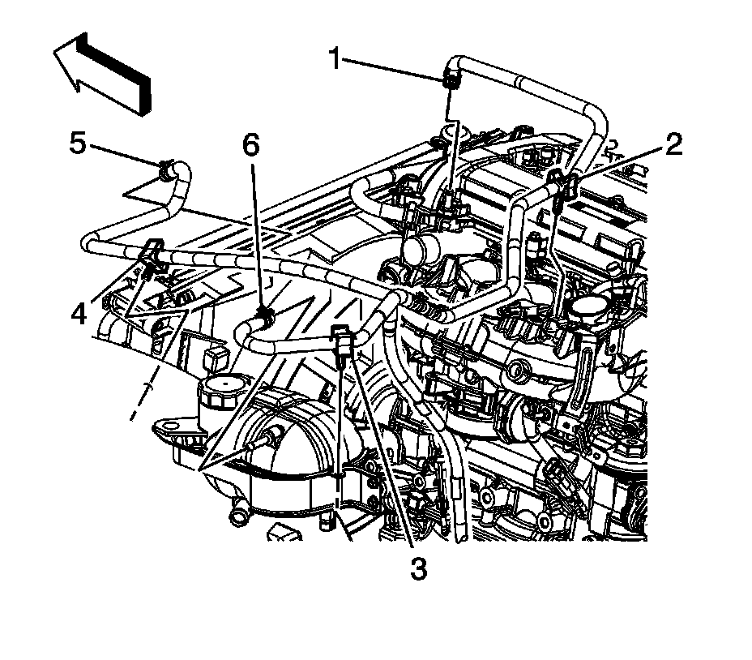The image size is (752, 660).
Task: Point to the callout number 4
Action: point(79,313)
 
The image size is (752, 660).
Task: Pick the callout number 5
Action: point(78,144)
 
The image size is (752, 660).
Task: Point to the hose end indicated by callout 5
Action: point(167,169)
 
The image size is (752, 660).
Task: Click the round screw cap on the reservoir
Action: point(221,392)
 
